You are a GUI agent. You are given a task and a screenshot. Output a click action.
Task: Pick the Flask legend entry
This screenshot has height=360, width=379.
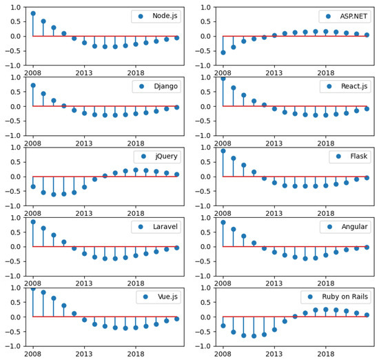click(354, 157)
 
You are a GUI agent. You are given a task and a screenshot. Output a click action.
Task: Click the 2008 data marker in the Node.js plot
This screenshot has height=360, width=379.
click(32, 13)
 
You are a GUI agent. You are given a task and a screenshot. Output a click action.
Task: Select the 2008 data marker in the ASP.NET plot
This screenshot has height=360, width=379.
click(223, 52)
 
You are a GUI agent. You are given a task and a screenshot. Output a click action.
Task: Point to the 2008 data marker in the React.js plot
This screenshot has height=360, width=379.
click(223, 79)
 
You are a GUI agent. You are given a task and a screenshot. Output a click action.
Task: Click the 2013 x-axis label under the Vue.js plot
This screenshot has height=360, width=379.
click(84, 353)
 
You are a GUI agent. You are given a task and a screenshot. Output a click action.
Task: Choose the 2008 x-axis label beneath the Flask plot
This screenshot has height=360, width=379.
click(223, 212)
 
